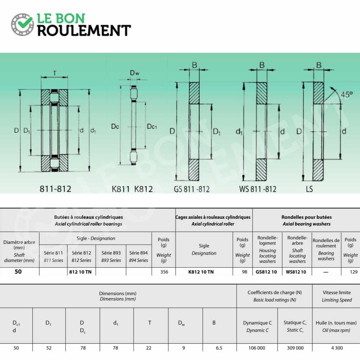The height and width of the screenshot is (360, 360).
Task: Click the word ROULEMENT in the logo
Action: (84, 31)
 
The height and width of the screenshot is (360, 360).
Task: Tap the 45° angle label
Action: (346, 95)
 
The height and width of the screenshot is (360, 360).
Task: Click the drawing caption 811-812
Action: (56, 189)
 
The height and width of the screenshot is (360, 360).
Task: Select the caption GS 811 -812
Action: (192, 189)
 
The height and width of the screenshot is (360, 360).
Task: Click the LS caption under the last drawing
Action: (309, 189)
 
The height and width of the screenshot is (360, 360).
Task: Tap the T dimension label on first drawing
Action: (54, 73)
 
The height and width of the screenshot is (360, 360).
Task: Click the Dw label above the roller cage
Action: (134, 73)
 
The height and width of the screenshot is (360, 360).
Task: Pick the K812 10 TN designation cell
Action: (204, 272)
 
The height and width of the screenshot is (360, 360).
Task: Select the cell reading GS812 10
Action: (266, 272)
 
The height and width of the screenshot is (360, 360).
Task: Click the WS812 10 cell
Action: (296, 272)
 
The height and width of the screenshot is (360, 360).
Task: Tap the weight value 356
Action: (164, 272)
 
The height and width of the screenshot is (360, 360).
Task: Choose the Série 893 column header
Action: (111, 256)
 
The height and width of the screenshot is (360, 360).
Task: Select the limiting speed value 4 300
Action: (337, 348)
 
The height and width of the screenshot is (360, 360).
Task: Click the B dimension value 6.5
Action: (219, 348)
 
